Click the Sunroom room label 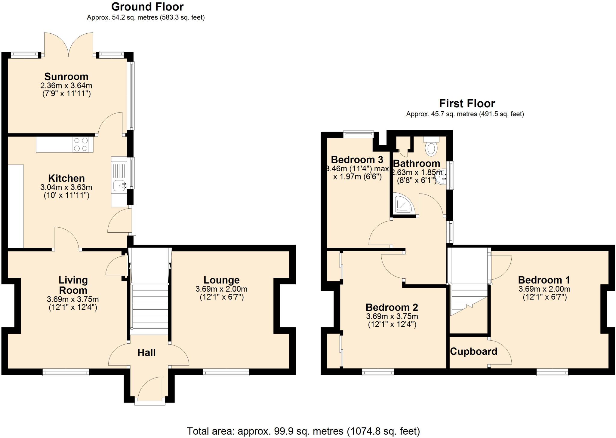pos(66,77)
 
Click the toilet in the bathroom pos(431,148)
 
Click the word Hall pos(146,353)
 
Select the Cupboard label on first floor pos(473,351)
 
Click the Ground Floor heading pos(147,7)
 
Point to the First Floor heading pos(467,103)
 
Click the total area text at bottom pos(303,431)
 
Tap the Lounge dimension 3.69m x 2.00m pos(221,289)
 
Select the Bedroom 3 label pos(357,159)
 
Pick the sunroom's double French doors pos(69,45)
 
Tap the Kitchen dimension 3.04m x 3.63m pos(66,187)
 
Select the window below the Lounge pos(226,373)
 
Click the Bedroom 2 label pos(392,307)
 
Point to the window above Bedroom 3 pos(359,134)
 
